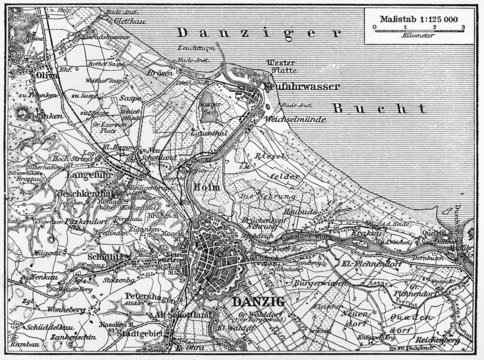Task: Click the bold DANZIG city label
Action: click(255, 301)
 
